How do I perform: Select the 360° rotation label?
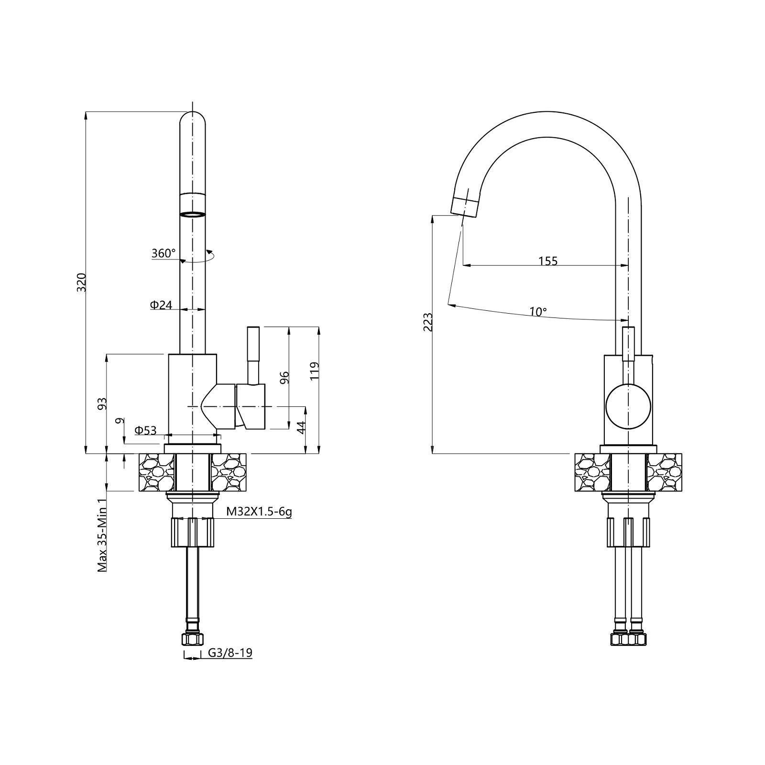click(164, 253)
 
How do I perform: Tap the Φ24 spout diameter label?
click(161, 305)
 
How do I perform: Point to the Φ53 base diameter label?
click(145, 430)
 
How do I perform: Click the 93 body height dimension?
click(101, 404)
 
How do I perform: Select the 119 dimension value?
click(314, 371)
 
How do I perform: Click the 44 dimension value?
click(301, 427)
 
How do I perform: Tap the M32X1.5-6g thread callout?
click(259, 512)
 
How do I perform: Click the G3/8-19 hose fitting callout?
click(230, 653)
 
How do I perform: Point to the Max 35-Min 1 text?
click(101, 535)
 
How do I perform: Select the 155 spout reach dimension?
click(548, 261)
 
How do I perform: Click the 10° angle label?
click(538, 312)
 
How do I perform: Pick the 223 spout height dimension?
click(428, 322)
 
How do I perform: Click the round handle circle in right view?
click(628, 406)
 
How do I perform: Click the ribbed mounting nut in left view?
click(193, 532)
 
